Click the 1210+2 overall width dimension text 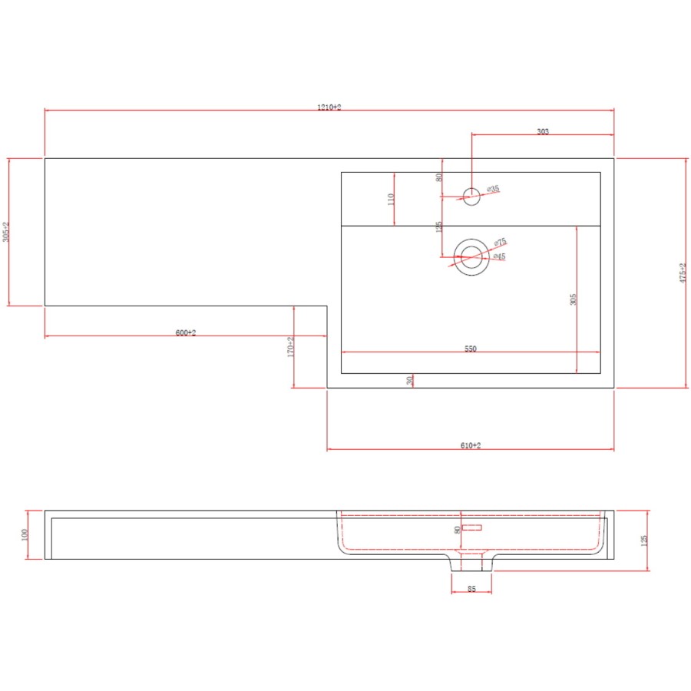(x=329, y=107)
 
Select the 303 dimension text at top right (x=542, y=132)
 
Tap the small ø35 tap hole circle (x=471, y=196)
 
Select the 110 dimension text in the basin (x=391, y=199)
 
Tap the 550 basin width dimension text (x=470, y=349)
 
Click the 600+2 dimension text (x=186, y=332)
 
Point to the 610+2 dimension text (x=471, y=445)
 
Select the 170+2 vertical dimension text (x=291, y=347)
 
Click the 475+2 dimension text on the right (x=682, y=273)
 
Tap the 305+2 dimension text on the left (x=6, y=232)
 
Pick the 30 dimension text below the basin (x=410, y=379)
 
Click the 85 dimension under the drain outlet (x=471, y=590)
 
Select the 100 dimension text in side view (x=25, y=534)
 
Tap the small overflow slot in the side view (x=472, y=527)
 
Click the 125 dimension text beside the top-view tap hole (x=439, y=228)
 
